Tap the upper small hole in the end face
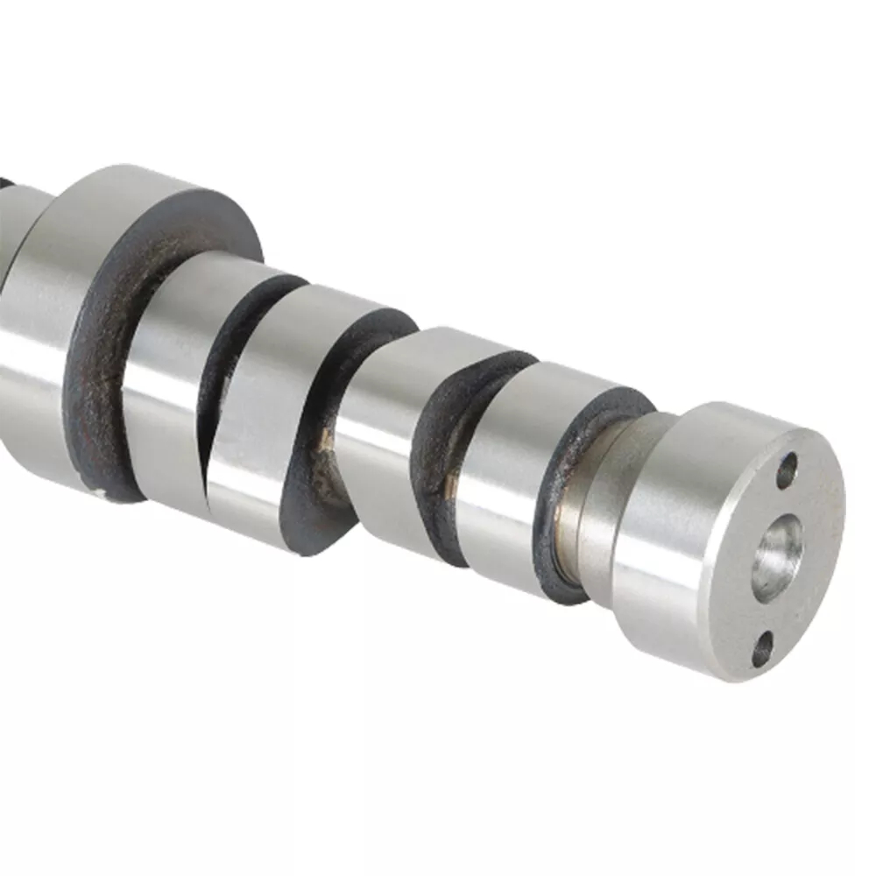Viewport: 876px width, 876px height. click(x=787, y=470)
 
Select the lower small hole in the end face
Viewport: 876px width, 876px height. click(x=763, y=649)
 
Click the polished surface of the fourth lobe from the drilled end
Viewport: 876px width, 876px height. click(x=166, y=368)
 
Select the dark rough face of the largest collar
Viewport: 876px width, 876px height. click(x=96, y=385)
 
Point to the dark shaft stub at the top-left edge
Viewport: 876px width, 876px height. click(x=6, y=188)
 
